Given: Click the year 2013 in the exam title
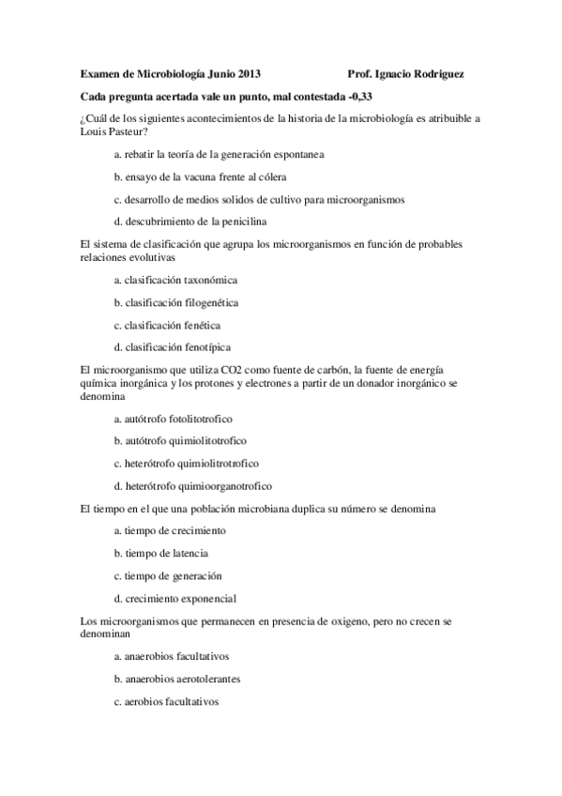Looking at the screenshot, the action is (x=249, y=73).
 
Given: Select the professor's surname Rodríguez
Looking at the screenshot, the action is (x=437, y=73).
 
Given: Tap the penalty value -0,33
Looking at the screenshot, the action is (x=367, y=97).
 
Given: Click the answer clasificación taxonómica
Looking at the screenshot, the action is (x=175, y=280).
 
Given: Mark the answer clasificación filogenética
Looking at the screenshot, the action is (x=175, y=302).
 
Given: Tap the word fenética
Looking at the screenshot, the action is (x=200, y=325).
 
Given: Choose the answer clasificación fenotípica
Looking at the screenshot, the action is (x=172, y=347).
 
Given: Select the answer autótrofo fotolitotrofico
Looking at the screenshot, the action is (x=173, y=418).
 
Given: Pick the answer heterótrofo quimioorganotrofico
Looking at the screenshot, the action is (x=192, y=486).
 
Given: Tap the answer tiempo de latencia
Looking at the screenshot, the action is (x=161, y=554).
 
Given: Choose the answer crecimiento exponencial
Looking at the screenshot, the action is (x=175, y=598).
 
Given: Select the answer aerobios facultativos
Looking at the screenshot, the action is (x=166, y=701).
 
